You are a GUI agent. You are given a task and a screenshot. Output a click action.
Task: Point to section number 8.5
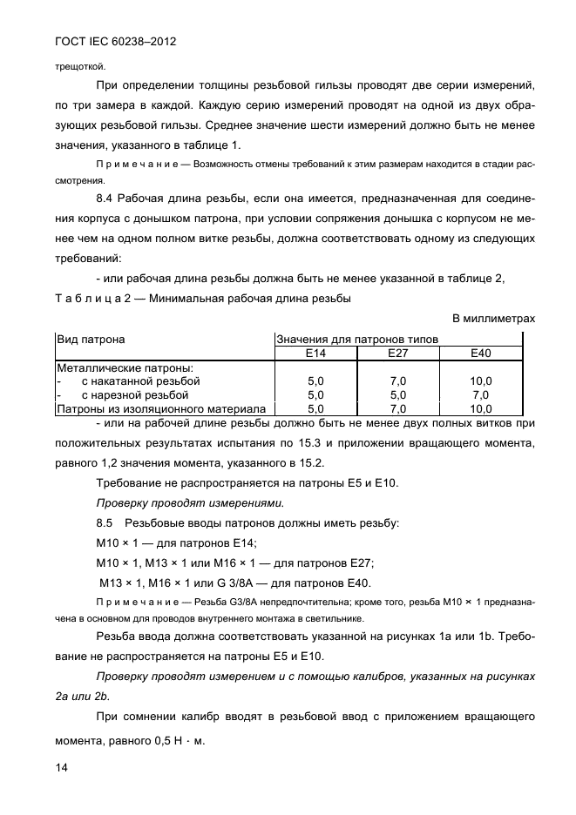point(105,523)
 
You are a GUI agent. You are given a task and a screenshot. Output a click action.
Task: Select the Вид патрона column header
point(91,340)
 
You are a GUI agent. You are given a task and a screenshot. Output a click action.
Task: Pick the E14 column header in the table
point(316,353)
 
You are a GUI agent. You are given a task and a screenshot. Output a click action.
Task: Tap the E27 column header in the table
point(398,353)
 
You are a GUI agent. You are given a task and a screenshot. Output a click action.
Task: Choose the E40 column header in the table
point(481,353)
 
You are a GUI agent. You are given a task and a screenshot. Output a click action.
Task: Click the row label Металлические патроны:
point(112,368)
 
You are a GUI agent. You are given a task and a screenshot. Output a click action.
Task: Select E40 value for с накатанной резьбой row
point(481,381)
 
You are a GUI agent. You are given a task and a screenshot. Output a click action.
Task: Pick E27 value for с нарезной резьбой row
point(398,394)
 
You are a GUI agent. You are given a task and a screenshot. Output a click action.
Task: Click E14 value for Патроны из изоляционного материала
point(316,408)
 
